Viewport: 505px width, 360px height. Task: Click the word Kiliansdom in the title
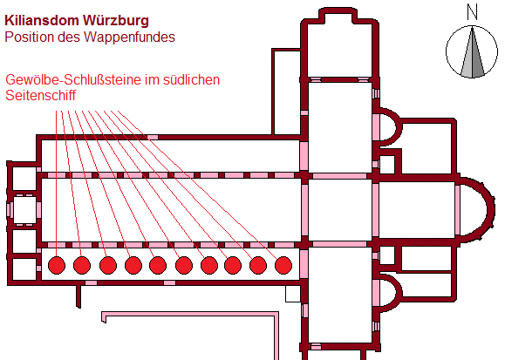(42, 20)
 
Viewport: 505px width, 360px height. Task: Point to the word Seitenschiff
(41, 95)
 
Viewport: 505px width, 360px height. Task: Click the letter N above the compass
(472, 13)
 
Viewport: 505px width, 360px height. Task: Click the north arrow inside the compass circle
(472, 52)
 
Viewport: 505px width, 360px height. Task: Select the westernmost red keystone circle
(57, 265)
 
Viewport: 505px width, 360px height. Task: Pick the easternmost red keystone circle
(283, 265)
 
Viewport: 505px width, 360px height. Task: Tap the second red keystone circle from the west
(82, 265)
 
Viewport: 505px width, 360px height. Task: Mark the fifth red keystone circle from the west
(158, 265)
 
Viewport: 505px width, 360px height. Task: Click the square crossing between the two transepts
(340, 210)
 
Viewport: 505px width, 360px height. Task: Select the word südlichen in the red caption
(191, 80)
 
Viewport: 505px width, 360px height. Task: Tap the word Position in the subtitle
(30, 37)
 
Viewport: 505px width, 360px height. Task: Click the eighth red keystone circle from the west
(233, 265)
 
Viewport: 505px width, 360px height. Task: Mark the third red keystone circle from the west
(108, 265)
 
